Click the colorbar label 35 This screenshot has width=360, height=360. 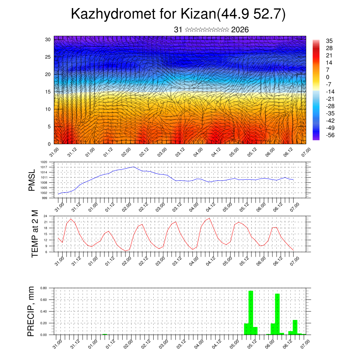[329, 41]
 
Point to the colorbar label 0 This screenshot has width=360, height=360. [328, 77]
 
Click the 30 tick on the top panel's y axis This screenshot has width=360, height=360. [48, 39]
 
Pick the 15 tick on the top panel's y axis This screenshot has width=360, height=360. [48, 92]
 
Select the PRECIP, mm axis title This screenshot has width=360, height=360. [32, 311]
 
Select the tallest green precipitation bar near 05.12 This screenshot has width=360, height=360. [251, 313]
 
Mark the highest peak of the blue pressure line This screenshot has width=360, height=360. [133, 167]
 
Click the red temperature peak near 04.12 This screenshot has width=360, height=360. [210, 218]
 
